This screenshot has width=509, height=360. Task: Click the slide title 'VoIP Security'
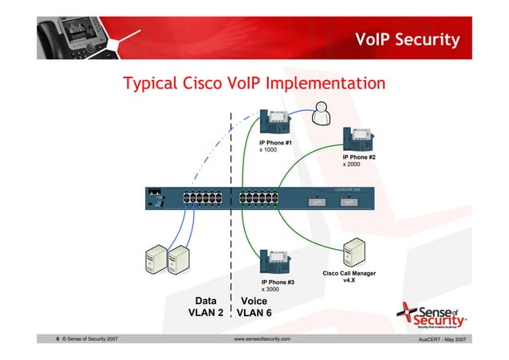407,40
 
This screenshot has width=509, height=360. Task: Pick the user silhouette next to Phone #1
320,114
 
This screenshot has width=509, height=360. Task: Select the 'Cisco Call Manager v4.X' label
349,277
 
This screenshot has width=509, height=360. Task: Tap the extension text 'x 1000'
268,149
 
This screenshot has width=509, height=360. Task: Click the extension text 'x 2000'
352,164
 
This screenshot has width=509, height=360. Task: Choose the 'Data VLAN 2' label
204,307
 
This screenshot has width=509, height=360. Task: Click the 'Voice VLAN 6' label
254,307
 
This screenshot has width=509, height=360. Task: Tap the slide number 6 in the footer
57,340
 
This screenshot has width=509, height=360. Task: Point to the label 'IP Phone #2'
359,157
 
